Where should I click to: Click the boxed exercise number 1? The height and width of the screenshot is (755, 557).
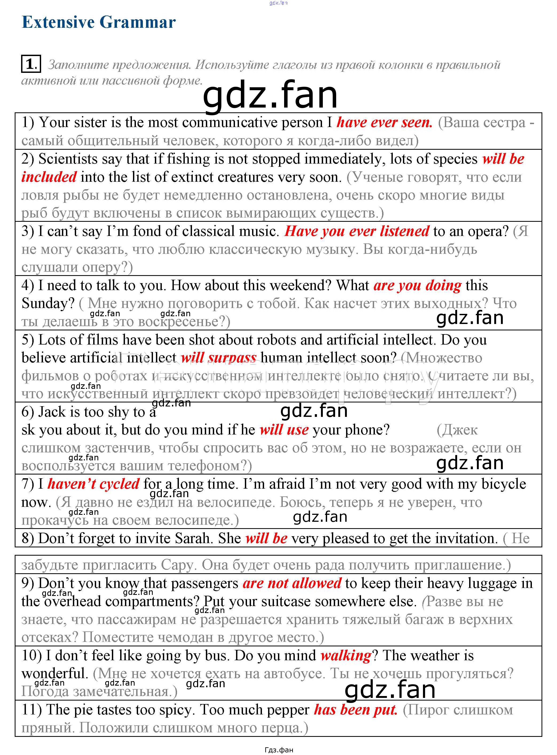[x=31, y=64]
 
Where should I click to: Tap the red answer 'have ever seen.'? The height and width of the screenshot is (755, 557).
[x=384, y=122]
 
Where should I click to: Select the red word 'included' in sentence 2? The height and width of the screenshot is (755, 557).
[x=49, y=177]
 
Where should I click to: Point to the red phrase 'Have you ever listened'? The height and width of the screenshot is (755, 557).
[x=357, y=231]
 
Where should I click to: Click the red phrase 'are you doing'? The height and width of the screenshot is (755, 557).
[x=417, y=285]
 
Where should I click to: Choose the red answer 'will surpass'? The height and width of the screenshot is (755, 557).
[x=218, y=357]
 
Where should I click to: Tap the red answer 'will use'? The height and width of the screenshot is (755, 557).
[x=284, y=430]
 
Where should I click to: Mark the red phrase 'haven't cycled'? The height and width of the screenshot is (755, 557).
[x=93, y=484]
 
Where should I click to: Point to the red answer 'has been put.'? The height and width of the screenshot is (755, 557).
[x=356, y=710]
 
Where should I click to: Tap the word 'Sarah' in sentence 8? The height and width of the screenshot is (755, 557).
[x=194, y=538]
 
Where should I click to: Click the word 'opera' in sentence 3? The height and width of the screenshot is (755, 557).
[x=488, y=231]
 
